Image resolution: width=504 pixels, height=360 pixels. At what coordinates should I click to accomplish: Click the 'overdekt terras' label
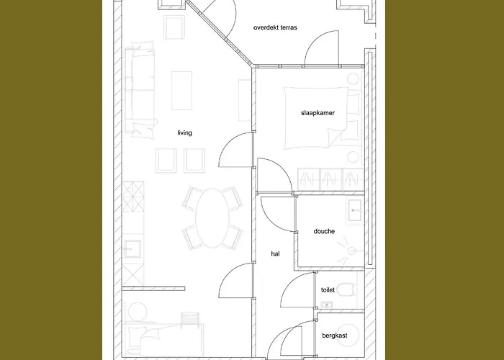click(x=275, y=27)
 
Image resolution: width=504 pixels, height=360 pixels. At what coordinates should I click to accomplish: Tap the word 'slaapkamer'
click(x=318, y=113)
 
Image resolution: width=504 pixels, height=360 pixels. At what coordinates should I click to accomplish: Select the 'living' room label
click(x=184, y=132)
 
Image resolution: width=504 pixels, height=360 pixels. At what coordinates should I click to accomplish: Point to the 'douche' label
click(x=324, y=231)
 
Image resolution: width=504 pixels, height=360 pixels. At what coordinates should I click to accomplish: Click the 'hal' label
click(x=276, y=254)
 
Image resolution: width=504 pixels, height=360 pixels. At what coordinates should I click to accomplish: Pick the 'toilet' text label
click(x=328, y=290)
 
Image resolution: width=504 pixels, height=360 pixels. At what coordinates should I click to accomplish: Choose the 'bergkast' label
click(x=335, y=336)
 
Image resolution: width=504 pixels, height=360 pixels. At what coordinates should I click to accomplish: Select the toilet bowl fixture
click(x=348, y=289)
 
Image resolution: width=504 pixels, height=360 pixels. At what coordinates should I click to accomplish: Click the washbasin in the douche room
click(x=354, y=210)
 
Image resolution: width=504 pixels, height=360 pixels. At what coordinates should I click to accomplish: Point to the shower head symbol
click(x=351, y=251)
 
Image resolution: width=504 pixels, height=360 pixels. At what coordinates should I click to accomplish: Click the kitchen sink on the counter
click(x=132, y=248)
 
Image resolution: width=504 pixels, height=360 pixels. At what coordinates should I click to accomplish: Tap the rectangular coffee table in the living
click(x=182, y=91)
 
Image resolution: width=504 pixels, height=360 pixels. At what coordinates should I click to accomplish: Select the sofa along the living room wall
click(x=140, y=89)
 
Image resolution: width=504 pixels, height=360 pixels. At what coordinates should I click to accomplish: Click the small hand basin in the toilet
click(x=327, y=305)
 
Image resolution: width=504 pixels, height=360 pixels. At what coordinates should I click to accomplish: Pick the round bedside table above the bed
click(x=353, y=78)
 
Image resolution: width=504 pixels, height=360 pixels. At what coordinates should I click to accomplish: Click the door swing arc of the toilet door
click(x=291, y=280)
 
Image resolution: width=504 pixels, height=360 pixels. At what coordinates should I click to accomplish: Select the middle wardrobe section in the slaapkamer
click(x=331, y=180)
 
